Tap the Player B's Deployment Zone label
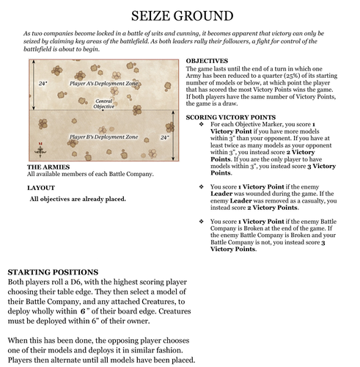103,137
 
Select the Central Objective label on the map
104,103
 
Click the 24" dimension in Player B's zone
164,137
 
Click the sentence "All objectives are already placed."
77,199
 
